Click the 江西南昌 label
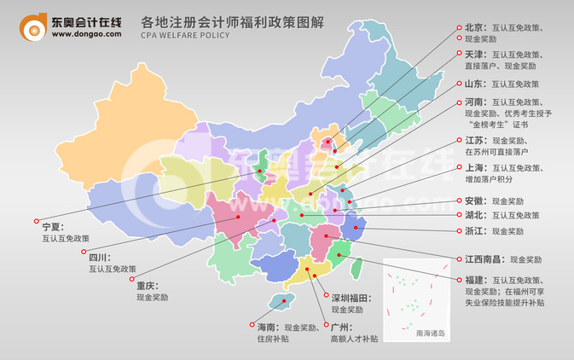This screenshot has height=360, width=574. (483, 258)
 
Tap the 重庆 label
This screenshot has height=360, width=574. (148, 286)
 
